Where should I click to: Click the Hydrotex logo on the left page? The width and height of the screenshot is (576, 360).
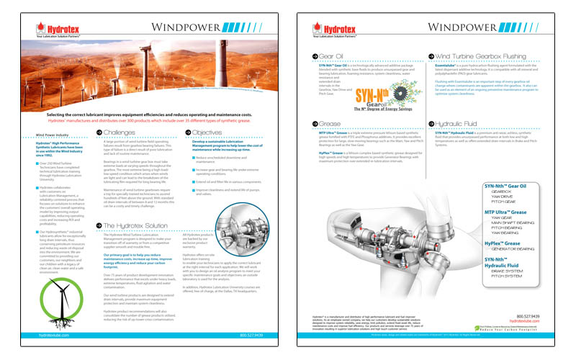[x=56, y=30]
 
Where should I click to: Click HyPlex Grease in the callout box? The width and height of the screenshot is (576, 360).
[x=505, y=243]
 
